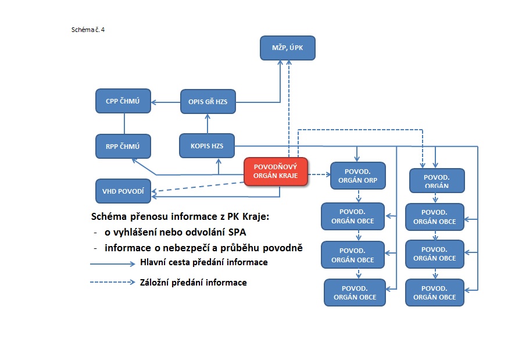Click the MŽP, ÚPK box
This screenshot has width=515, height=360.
tap(287, 48)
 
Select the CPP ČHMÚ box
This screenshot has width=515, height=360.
tap(123, 101)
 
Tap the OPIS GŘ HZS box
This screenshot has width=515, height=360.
tap(208, 102)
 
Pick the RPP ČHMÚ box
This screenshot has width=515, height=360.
tap(123, 145)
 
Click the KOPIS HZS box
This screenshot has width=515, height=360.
tap(208, 145)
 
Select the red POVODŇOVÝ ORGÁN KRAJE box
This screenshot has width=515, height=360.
tap(275, 172)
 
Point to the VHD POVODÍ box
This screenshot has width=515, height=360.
tap(123, 191)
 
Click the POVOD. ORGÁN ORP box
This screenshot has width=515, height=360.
tap(357, 176)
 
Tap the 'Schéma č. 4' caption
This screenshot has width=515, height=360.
tap(88, 28)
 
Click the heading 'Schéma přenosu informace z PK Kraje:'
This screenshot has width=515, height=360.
tap(181, 217)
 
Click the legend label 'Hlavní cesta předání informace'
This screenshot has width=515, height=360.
tap(203, 262)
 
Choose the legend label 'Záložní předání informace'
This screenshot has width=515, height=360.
tap(193, 283)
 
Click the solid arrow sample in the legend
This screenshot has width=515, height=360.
tap(112, 263)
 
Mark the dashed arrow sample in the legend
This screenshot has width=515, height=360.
tap(112, 283)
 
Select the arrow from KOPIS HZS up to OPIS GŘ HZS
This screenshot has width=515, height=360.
tap(208, 123)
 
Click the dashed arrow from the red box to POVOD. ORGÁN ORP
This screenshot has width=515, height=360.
tap(318, 174)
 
